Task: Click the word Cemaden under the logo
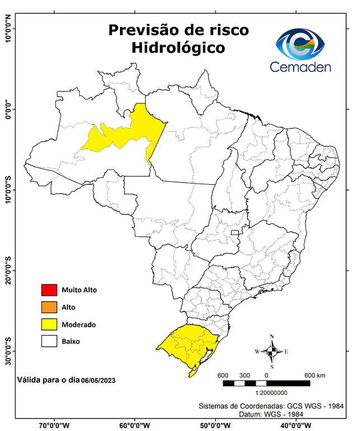tap(301, 67)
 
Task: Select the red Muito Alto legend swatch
tap(49, 290)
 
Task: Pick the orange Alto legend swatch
tap(49, 307)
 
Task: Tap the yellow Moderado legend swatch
tap(49, 324)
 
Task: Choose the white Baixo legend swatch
tap(49, 341)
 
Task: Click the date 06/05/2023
tap(98, 380)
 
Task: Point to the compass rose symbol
tap(271, 352)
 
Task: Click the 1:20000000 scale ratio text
tap(271, 393)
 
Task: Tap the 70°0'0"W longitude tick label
tap(54, 425)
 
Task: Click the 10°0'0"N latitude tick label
tap(8, 29)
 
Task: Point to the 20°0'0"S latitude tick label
tap(8, 271)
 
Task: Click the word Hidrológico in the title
tap(178, 48)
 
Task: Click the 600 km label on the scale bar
tap(315, 375)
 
